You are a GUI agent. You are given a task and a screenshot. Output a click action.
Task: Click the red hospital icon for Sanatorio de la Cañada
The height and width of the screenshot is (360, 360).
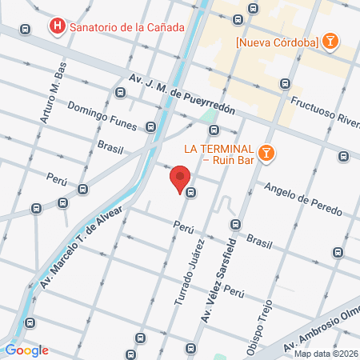[57, 26]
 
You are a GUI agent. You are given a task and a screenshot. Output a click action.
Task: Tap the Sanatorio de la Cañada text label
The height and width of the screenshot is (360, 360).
[127, 26]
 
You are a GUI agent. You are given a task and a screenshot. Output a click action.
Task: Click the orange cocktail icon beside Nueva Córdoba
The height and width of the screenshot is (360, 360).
[330, 42]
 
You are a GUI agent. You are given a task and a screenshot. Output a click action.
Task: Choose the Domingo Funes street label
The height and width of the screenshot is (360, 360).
[104, 117]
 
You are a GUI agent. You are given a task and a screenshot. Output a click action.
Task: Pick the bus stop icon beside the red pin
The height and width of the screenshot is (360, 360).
[191, 192]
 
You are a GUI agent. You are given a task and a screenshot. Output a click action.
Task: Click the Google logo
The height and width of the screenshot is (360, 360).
[26, 350]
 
